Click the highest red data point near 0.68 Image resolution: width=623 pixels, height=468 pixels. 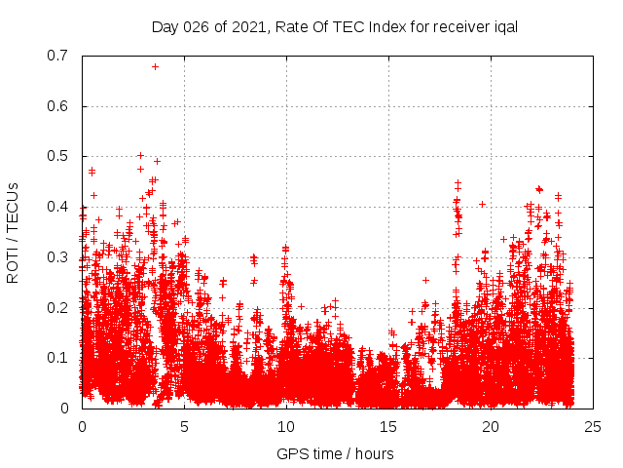pos(155,66)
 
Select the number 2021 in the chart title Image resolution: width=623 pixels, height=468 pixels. pos(248,26)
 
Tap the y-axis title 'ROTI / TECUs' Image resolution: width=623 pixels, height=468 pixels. pos(13,232)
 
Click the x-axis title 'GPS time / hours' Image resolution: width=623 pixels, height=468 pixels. pos(335,453)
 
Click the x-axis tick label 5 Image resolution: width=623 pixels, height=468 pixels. pos(184,427)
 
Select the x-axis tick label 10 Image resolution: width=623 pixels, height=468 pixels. pos(286,427)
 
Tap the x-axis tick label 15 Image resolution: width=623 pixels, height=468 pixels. pos(388,427)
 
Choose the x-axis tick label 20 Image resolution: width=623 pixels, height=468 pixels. pos(491,427)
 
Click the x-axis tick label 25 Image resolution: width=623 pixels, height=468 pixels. pos(593,427)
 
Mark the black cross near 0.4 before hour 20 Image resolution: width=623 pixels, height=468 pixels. pos(482,204)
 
